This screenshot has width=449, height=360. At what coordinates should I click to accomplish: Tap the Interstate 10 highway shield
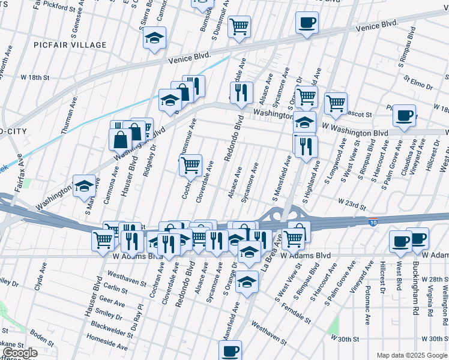373,221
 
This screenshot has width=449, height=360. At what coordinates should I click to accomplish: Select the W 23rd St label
352,205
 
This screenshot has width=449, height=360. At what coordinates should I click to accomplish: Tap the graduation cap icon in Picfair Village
154,38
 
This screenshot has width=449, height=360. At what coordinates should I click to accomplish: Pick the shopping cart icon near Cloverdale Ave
190,165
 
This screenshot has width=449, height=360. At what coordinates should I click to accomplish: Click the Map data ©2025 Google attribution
412,356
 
